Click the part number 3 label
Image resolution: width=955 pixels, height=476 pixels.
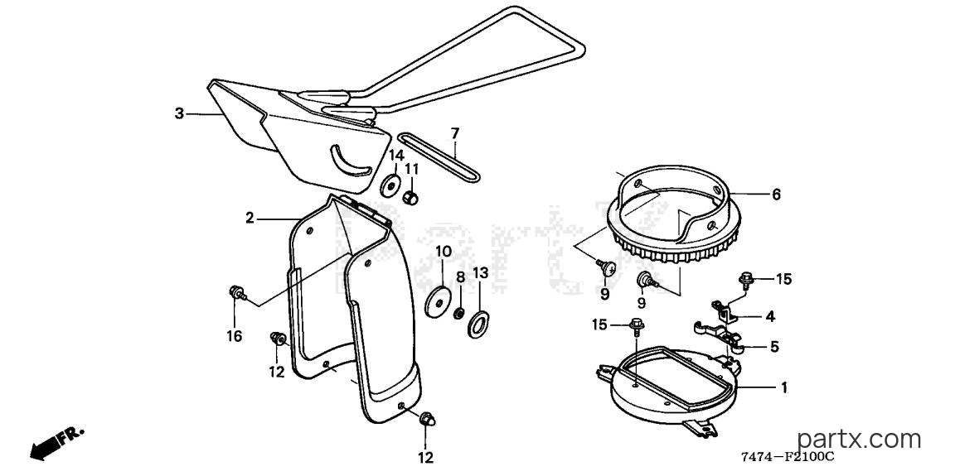179,113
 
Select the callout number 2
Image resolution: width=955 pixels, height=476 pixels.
250,218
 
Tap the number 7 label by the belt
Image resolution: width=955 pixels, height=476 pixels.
454,132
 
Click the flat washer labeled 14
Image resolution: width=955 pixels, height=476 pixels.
389,185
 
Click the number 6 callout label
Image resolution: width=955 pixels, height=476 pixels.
776,195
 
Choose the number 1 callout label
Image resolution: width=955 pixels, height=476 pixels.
784,387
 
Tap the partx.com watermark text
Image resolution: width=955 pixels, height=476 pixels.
859,438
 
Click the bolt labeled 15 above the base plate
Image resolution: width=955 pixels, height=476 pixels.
636,327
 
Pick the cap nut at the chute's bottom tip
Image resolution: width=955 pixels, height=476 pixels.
426,419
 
